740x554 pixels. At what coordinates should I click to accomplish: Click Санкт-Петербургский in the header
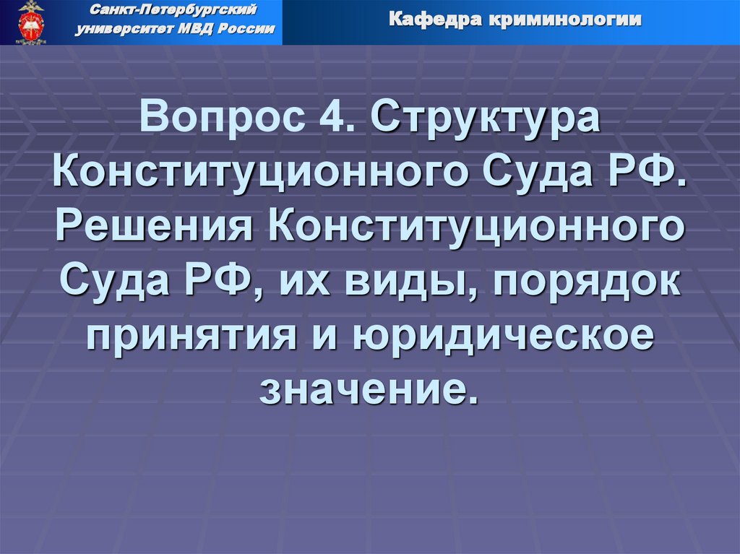[x=177, y=12]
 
